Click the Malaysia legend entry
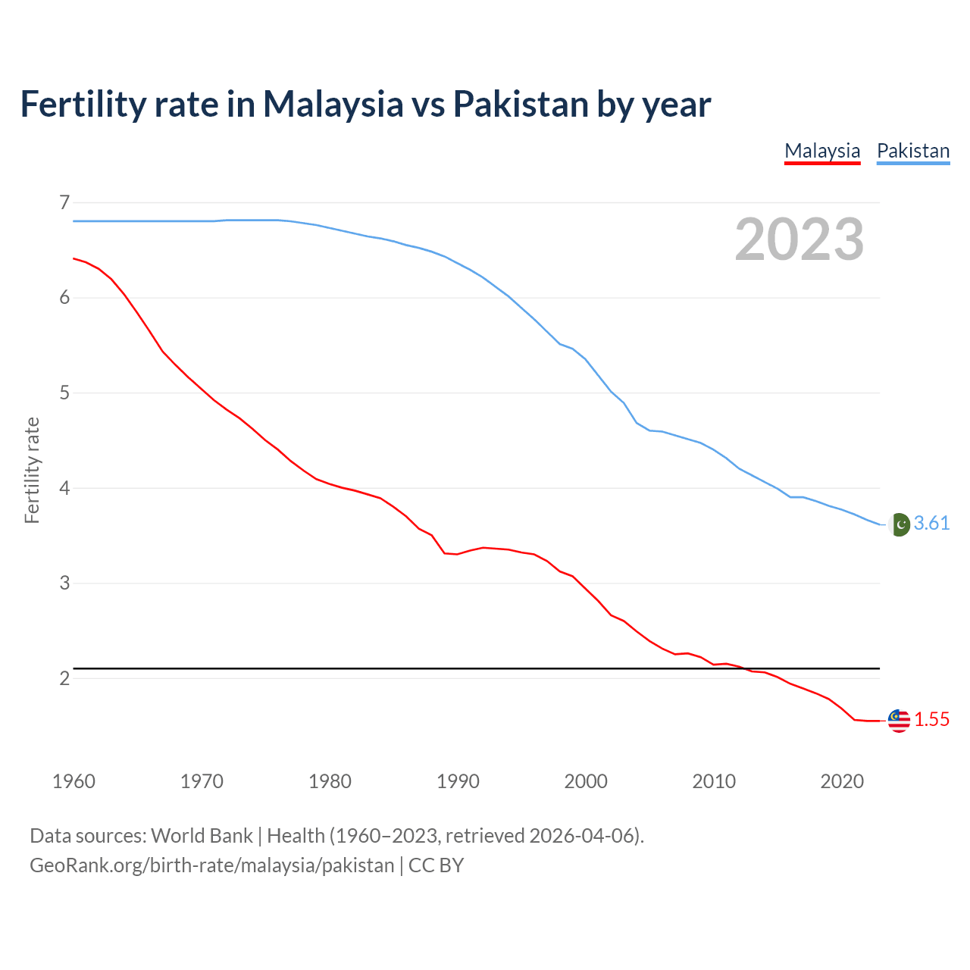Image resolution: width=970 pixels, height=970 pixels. (822, 151)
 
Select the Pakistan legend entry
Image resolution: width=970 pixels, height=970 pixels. (912, 151)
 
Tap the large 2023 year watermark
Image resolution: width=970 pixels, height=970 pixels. (799, 239)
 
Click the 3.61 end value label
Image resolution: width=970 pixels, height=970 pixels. (931, 524)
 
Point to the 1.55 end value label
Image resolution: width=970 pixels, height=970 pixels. (931, 720)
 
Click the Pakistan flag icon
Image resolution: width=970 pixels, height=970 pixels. (899, 524)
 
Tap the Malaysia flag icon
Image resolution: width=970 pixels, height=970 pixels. (899, 721)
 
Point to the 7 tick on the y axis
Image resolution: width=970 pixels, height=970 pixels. (64, 202)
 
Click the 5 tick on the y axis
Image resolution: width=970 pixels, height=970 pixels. (64, 393)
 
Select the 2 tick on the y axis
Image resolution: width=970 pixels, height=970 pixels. (64, 678)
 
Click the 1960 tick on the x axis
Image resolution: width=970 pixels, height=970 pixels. (74, 781)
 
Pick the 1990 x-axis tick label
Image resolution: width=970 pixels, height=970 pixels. (458, 781)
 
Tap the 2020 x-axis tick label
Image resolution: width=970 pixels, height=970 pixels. (842, 781)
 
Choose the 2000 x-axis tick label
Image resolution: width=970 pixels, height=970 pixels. (586, 781)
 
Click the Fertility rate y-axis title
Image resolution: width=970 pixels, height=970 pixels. (32, 470)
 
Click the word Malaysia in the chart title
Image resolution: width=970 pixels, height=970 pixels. (333, 104)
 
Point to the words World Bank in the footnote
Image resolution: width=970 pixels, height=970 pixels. (202, 836)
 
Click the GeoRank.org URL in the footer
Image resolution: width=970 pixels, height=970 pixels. (211, 865)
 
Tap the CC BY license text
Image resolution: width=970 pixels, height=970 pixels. (436, 865)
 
